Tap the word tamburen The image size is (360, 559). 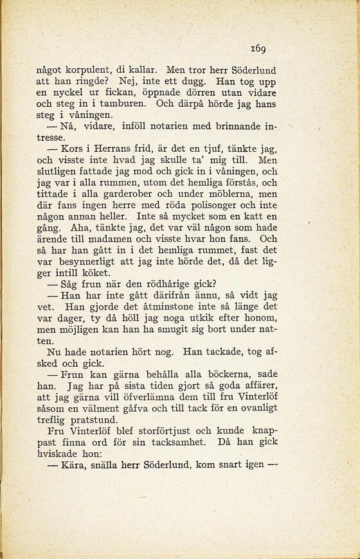click(x=129, y=102)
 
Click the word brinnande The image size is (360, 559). click(x=237, y=125)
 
